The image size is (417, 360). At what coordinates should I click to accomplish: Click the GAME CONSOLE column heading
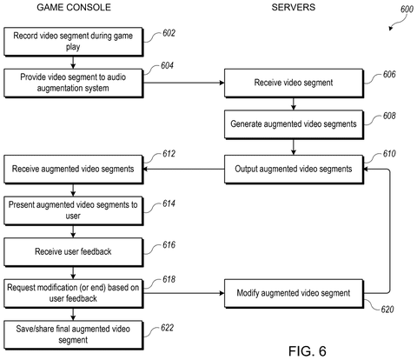74,7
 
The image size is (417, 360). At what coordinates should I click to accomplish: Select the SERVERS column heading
294,7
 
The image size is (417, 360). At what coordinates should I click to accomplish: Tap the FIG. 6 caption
308,351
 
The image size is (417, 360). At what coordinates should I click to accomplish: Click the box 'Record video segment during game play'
74,42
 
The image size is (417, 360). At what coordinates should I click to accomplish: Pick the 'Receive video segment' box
294,83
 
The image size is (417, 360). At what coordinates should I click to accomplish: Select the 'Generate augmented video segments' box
294,124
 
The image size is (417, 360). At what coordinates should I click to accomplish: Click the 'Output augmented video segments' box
294,170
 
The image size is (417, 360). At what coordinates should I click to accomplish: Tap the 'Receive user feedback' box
74,252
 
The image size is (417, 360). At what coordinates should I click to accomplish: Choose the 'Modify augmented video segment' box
294,293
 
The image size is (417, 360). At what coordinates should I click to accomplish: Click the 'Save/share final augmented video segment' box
74,335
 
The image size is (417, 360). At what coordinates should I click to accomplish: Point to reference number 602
169,33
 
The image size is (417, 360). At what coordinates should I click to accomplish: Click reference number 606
389,75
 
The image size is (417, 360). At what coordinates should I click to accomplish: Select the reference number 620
387,310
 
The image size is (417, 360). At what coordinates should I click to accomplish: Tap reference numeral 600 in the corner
407,10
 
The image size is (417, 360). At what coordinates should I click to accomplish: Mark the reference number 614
169,203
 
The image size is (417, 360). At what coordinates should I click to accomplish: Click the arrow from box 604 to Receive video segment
184,83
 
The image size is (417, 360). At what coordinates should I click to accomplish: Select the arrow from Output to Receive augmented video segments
184,169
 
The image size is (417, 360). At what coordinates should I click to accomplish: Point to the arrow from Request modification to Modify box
184,293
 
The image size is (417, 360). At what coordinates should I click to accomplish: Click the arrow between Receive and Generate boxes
294,103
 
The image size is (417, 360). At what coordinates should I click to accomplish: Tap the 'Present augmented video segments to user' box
74,210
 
